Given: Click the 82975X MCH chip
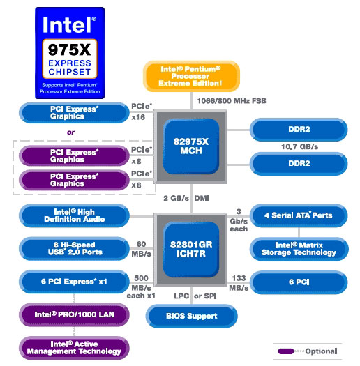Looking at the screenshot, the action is [191, 146].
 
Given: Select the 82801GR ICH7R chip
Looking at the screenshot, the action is [191, 250].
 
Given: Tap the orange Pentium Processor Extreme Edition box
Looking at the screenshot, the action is [191, 76].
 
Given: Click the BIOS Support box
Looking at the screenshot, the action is [192, 316].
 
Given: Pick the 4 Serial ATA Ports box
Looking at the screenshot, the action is [299, 215].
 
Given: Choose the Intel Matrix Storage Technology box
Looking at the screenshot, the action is [299, 249].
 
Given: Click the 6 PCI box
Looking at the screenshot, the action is [299, 282].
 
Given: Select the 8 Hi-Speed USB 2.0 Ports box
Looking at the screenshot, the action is [74, 248].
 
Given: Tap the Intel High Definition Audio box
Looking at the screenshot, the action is [74, 215].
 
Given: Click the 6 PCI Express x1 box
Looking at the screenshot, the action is [74, 282].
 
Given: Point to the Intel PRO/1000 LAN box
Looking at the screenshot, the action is [74, 314].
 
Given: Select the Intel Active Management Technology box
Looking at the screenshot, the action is [74, 348].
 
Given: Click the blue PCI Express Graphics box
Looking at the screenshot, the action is [74, 113].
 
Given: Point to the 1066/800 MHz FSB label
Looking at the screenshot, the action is [232, 101].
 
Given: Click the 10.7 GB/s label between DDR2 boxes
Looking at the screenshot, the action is [299, 147].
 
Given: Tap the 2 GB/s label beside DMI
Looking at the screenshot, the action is [176, 198].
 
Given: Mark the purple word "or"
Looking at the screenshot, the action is [70, 132].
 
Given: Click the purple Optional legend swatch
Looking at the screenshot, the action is [286, 351].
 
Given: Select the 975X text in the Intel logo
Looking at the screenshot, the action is [69, 49].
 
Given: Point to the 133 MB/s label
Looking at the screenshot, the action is [239, 283].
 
